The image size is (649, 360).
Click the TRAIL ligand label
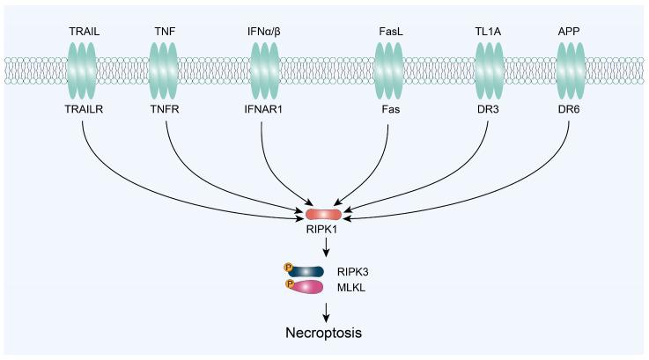click(82, 32)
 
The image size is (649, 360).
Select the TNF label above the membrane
click(165, 32)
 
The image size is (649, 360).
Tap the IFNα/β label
click(265, 32)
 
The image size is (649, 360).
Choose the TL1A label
click(489, 32)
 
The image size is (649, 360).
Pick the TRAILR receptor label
click(82, 112)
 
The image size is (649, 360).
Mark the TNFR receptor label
click(165, 112)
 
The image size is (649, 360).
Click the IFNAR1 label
click(265, 112)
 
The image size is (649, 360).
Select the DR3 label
click(489, 112)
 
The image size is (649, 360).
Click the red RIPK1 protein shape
click(324, 214)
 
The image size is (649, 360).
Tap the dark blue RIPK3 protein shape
click(307, 271)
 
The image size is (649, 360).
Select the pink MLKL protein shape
click(307, 286)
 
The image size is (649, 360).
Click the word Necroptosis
click(324, 334)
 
